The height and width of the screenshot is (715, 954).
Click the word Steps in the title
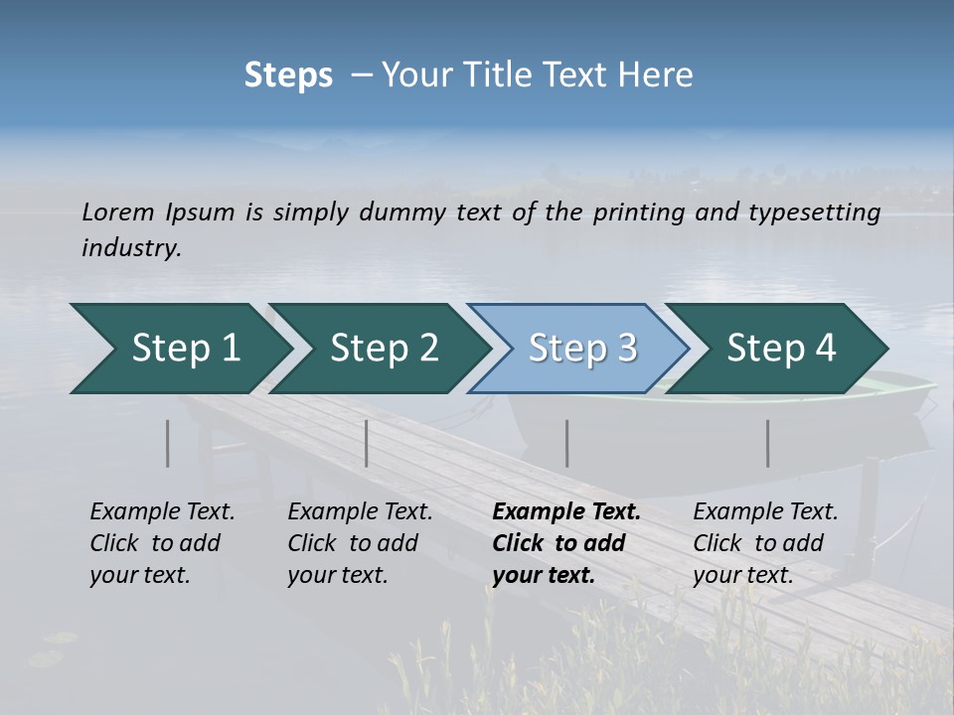(x=288, y=75)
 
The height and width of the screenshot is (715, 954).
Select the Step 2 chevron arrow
(x=384, y=349)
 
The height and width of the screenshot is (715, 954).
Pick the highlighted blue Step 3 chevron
(x=582, y=349)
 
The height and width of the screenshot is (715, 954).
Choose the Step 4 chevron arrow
(x=781, y=349)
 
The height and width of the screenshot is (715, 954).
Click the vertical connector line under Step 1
(x=168, y=443)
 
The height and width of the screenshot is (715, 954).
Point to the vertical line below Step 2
(x=367, y=443)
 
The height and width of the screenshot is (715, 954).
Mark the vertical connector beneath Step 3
(x=567, y=443)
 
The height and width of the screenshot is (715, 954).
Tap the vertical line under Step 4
(x=768, y=443)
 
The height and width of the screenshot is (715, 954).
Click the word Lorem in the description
(x=118, y=212)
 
